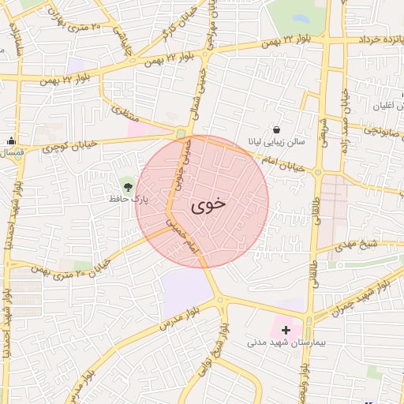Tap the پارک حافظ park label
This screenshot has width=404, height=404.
129,200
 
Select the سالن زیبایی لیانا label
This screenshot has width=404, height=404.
275,144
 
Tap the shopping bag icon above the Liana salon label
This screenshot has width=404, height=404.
275,129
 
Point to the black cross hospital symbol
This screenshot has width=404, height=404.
286,329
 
